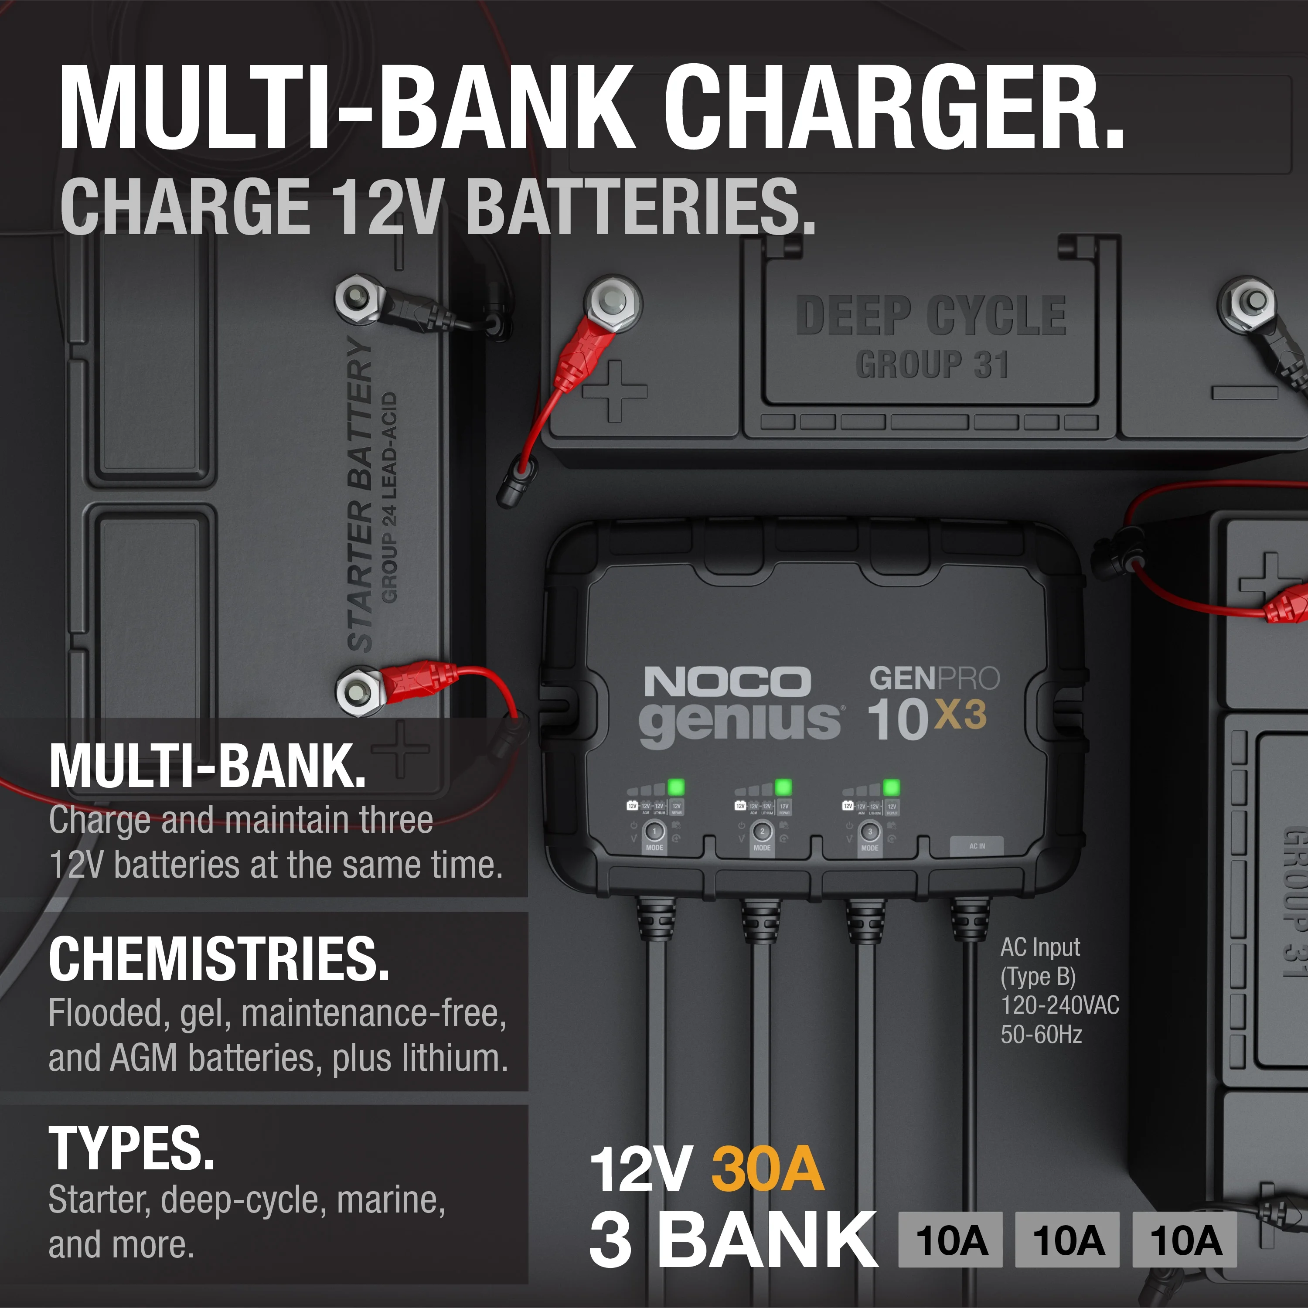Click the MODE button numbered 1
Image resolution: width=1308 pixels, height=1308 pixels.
[x=654, y=831]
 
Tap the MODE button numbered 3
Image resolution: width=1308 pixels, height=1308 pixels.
[x=870, y=831]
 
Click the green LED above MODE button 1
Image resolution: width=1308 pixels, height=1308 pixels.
[x=676, y=787]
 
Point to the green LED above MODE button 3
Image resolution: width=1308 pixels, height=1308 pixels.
[x=892, y=787]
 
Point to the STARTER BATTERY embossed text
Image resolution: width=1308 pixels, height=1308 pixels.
[x=360, y=494]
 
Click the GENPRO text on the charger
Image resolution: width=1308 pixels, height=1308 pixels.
[x=934, y=678]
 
